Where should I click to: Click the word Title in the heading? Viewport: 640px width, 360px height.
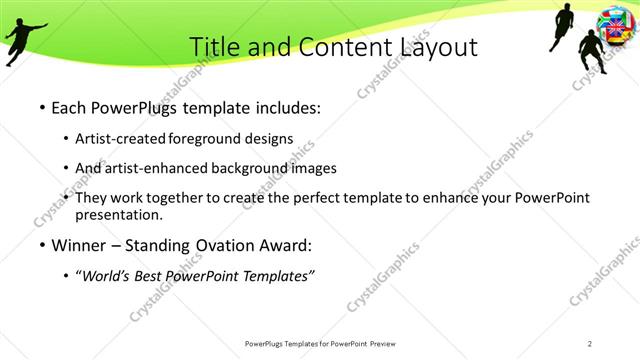[213, 47]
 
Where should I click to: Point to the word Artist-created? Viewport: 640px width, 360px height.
[120, 138]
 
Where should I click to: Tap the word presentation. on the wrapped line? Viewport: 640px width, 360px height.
[118, 215]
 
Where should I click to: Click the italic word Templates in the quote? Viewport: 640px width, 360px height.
[275, 276]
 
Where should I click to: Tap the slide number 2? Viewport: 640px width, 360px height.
[590, 344]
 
